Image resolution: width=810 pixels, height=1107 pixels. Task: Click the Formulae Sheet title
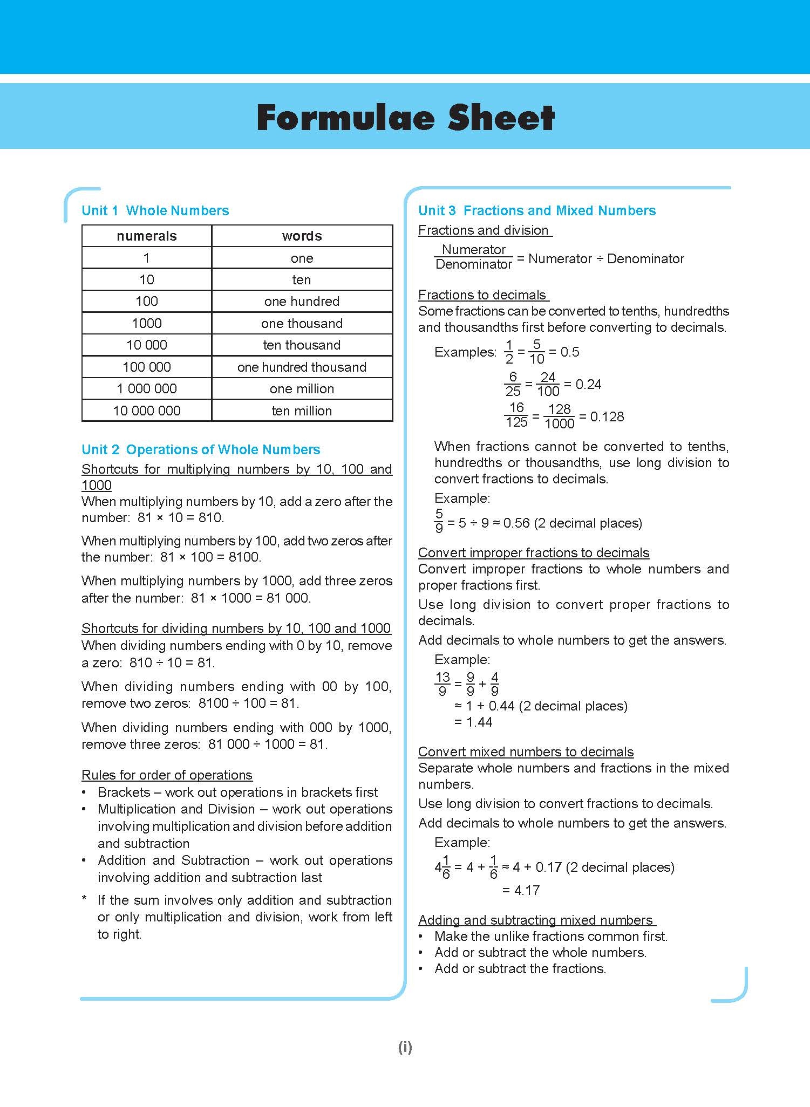(405, 118)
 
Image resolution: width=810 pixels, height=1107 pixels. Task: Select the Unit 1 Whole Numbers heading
(155, 210)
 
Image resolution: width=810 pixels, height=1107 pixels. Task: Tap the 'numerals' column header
(146, 236)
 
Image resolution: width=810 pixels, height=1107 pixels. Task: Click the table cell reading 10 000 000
(146, 411)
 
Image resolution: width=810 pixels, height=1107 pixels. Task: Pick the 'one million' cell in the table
(302, 388)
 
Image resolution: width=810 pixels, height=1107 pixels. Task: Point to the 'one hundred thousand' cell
(302, 367)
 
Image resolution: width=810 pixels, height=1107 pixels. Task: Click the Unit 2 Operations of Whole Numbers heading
(201, 449)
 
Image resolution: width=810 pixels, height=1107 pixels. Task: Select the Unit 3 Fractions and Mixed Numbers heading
(537, 210)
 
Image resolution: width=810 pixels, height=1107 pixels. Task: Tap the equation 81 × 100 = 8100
(210, 557)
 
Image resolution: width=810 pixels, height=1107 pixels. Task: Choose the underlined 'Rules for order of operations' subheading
(167, 775)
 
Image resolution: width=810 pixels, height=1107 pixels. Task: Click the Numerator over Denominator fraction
(473, 257)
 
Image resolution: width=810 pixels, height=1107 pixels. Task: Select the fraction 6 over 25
(513, 384)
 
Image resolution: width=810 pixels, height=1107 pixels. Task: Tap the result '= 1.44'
(473, 722)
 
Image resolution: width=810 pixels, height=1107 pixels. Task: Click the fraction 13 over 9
(443, 684)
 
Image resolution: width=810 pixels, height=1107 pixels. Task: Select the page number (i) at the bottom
(405, 1047)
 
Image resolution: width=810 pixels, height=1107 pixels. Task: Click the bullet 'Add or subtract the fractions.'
(520, 968)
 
